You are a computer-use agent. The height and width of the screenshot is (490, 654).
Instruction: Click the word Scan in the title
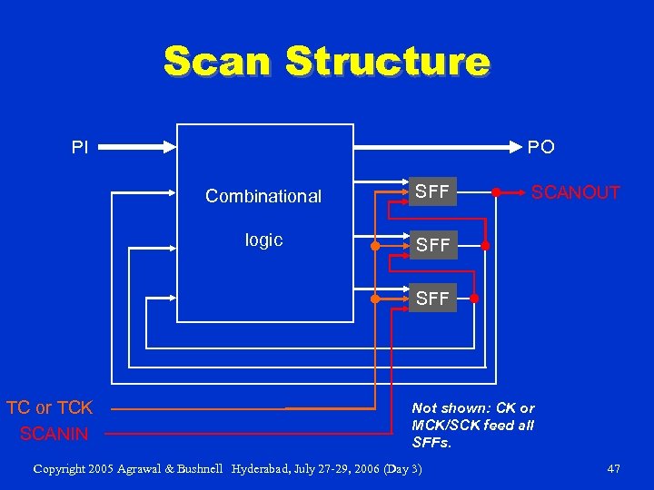[x=219, y=62]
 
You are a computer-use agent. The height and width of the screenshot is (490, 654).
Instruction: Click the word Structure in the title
[x=386, y=62]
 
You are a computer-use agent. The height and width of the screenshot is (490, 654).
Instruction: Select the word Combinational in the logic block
[x=263, y=196]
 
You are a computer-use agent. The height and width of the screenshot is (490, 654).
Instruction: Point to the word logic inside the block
[x=263, y=240]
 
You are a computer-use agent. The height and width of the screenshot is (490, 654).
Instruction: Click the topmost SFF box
[x=431, y=192]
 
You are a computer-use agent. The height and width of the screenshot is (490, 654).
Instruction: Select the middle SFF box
[x=431, y=245]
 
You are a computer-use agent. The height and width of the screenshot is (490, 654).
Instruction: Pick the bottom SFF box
[x=431, y=299]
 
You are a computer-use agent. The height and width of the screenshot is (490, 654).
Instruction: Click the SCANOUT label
[x=575, y=192]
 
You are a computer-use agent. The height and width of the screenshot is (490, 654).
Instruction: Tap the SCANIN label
[x=54, y=434]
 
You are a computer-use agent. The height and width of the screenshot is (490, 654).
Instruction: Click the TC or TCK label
[x=50, y=407]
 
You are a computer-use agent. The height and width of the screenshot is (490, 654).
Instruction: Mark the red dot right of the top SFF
[x=496, y=192]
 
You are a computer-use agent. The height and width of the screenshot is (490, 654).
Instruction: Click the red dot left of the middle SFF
[x=375, y=246]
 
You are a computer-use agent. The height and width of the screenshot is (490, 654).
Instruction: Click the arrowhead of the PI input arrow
[x=170, y=145]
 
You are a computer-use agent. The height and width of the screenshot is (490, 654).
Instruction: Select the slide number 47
[x=613, y=469]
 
